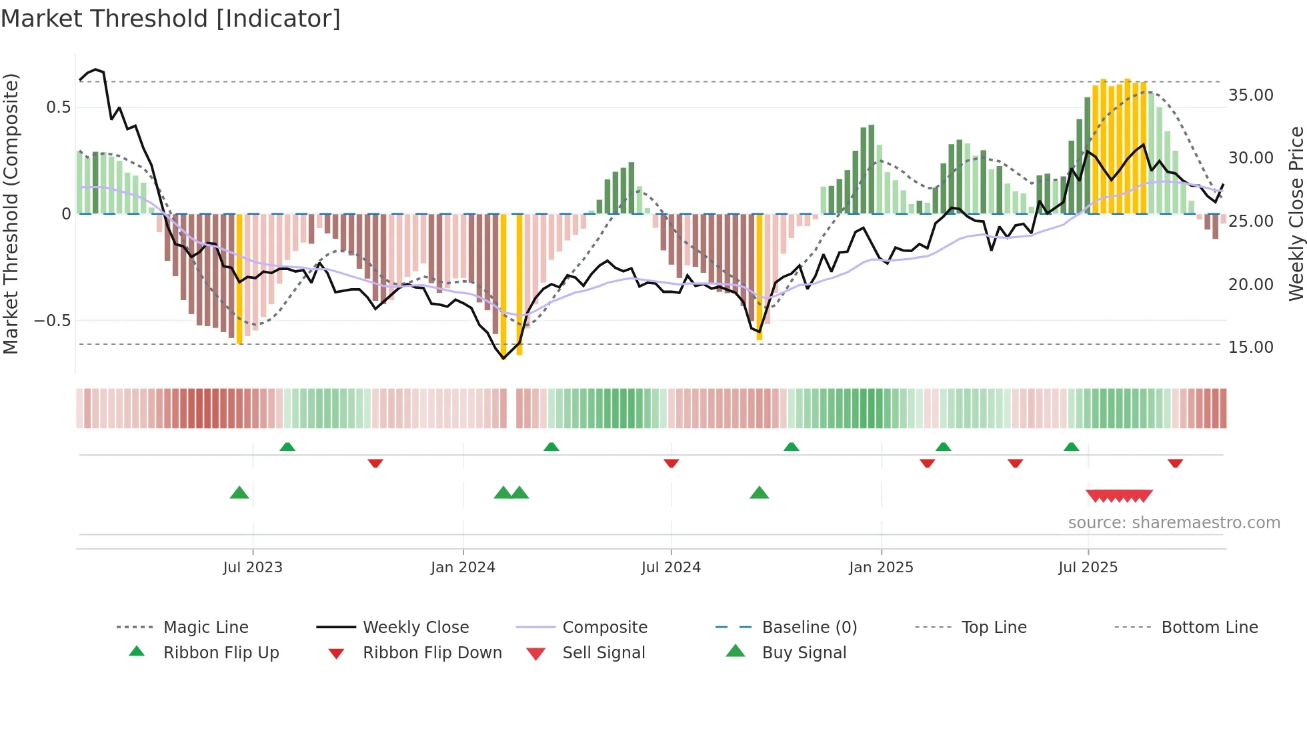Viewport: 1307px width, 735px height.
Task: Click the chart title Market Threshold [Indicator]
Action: pyautogui.click(x=171, y=19)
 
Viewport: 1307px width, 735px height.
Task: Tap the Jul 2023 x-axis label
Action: pyautogui.click(x=253, y=568)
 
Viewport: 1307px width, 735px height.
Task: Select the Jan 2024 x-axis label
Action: pyautogui.click(x=463, y=568)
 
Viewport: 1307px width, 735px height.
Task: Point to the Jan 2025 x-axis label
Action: pyautogui.click(x=881, y=568)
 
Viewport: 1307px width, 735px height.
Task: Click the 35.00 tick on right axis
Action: pyautogui.click(x=1251, y=95)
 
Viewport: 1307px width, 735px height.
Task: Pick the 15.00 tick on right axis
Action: pyautogui.click(x=1251, y=347)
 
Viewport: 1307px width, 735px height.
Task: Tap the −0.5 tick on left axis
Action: pyautogui.click(x=52, y=321)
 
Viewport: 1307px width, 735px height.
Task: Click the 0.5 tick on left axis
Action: pyautogui.click(x=59, y=107)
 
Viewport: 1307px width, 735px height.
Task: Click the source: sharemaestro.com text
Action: pyautogui.click(x=1174, y=523)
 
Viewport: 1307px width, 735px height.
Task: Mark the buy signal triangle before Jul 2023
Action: pyautogui.click(x=239, y=494)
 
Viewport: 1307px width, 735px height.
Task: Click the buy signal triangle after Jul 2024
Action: pyautogui.click(x=759, y=494)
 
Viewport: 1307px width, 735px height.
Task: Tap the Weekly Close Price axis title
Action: pyautogui.click(x=1296, y=213)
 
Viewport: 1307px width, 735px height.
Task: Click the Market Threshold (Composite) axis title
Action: pyautogui.click(x=11, y=213)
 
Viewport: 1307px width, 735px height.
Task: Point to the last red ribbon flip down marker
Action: pyautogui.click(x=1175, y=463)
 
